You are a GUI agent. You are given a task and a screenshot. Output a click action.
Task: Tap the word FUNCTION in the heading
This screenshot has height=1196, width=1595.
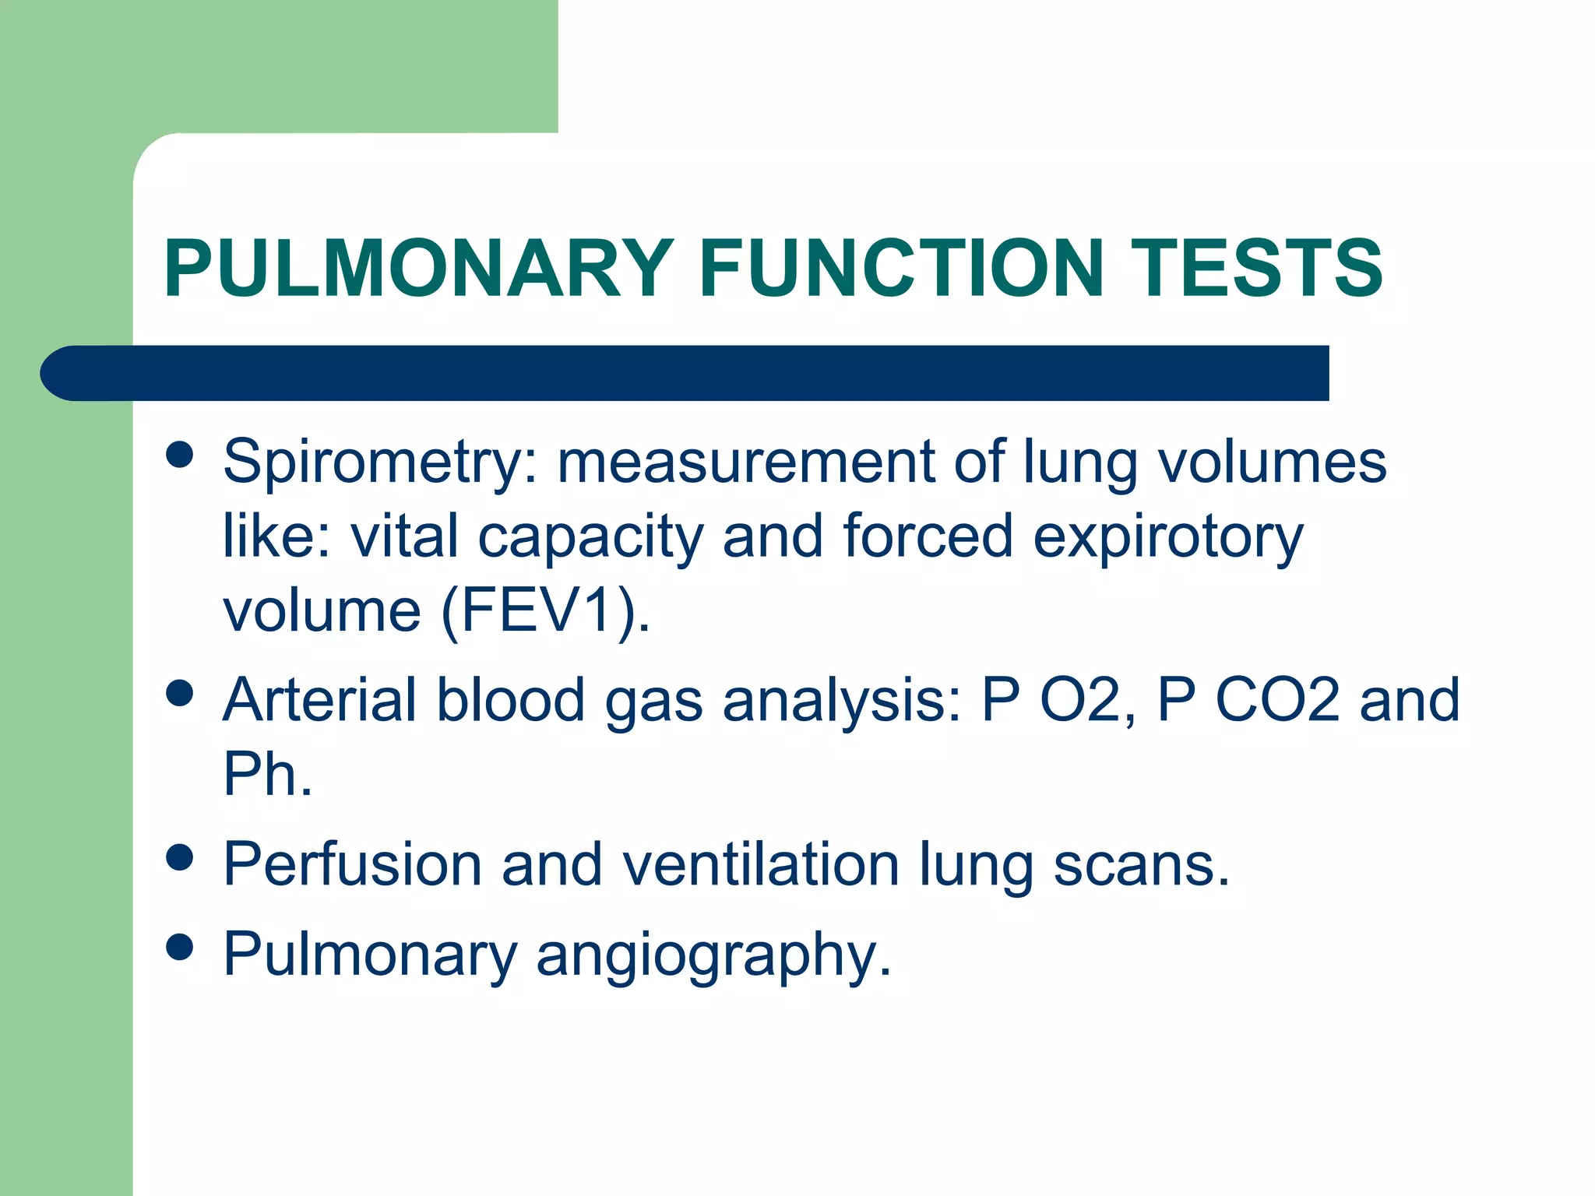901,268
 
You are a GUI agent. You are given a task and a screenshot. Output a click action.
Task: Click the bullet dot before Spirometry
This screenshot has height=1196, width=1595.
180,455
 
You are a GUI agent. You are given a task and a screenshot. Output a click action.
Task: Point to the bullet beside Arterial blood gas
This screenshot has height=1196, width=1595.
180,693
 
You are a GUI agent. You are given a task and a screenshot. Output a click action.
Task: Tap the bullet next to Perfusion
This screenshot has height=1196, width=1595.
180,858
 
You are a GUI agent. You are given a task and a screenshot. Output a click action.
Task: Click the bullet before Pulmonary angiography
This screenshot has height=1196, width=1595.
180,948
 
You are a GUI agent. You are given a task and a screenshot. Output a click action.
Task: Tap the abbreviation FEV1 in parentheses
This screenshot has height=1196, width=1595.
545,610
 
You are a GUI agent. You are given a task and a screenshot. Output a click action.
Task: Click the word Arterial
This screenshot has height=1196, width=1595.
319,699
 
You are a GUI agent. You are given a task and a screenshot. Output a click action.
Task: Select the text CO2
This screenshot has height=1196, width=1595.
1277,699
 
